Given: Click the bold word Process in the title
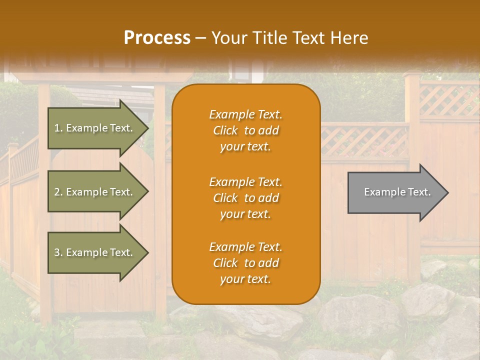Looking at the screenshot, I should click(157, 38).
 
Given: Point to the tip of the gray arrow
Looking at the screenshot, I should click(447, 192).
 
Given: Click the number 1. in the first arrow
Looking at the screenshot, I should click(58, 128).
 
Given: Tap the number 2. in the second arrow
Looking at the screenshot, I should click(58, 192).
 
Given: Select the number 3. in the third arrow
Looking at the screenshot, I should click(58, 252).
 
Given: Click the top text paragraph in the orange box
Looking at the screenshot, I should click(245, 130).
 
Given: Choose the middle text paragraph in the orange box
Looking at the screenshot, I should click(245, 198).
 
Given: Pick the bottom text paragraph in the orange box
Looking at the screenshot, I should click(245, 263).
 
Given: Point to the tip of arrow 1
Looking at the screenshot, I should click(148, 128).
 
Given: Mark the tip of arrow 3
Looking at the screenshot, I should click(148, 252).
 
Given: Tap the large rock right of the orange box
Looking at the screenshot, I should click(360, 315).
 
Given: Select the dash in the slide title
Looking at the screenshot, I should click(201, 38).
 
